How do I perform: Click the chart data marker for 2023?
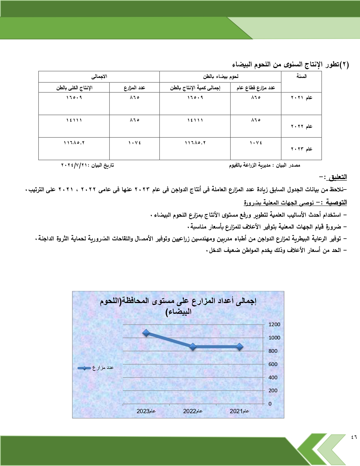point(146,333)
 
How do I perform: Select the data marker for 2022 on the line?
point(193,347)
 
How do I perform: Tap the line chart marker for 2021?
point(240,347)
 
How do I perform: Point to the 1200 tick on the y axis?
point(274,325)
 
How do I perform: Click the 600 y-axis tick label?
point(273,364)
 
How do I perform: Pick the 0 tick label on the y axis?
point(270,404)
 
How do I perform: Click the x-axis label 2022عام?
point(193,411)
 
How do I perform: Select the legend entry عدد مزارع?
point(96,368)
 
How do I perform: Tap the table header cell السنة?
point(301,76)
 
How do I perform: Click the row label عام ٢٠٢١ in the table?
point(301,98)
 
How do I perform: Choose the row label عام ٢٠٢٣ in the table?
point(301,149)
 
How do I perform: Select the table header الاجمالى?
point(99,77)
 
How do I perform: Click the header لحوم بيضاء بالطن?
point(221,77)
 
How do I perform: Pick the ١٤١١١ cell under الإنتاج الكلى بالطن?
point(74,120)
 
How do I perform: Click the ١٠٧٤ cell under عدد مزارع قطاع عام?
point(256,143)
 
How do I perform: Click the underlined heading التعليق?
point(338,177)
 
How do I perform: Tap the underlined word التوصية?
point(336,202)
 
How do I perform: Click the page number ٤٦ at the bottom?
point(354,437)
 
